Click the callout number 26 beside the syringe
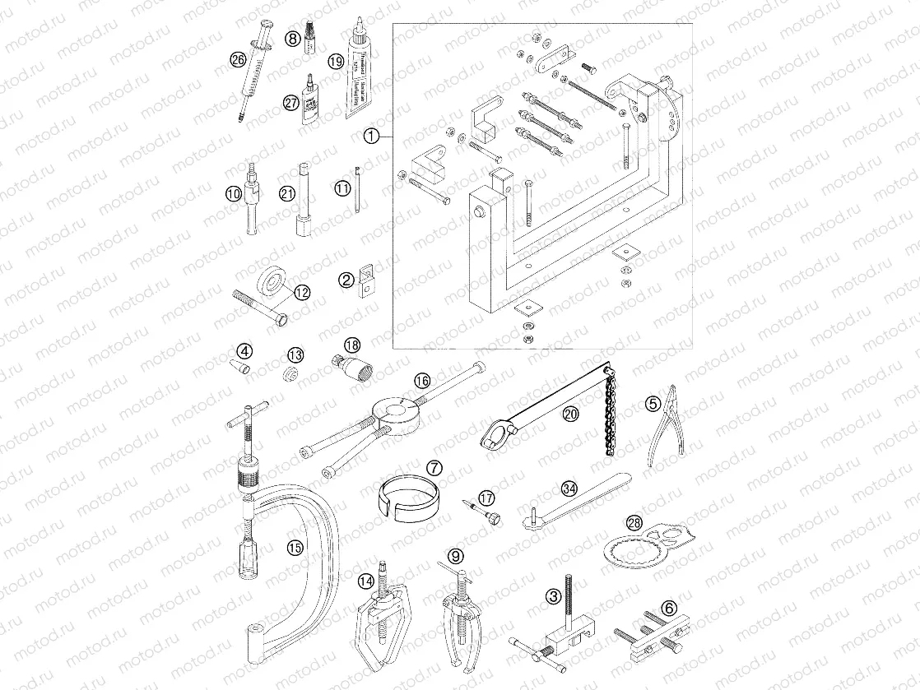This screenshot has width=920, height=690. coord(238,60)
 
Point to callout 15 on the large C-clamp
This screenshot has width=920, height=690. coord(294,547)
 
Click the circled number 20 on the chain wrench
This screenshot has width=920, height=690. coord(569,414)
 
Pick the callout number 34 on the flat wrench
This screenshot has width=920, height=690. coord(569,489)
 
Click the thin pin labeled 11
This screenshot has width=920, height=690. coord(358,191)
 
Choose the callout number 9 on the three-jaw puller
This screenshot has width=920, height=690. coord(457,555)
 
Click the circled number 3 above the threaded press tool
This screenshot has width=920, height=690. coord(555,594)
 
